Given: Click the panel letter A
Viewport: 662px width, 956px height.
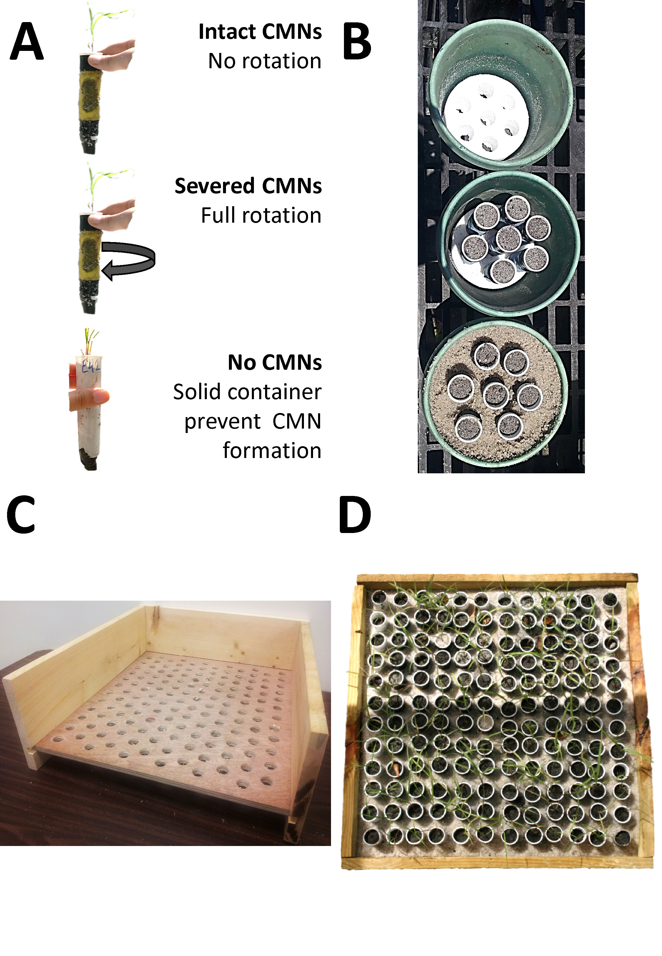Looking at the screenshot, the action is (26, 41).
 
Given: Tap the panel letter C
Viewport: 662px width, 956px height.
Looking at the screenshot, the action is (21, 514).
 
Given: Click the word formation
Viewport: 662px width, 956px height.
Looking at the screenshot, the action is (272, 451).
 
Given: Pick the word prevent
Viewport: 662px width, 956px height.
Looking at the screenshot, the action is (223, 422).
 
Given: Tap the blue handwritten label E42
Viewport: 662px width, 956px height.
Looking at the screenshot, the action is (90, 367).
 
